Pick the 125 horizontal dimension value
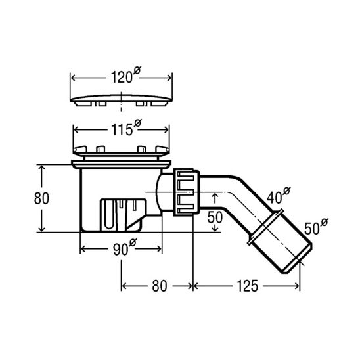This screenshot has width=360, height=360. [246, 286]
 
